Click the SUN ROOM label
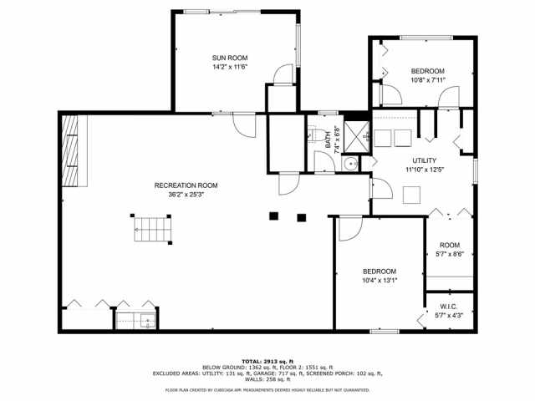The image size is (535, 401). coord(229,57)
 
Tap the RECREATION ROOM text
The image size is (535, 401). coord(186,185)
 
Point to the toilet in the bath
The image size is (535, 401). coord(312,133)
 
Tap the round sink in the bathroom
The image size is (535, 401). coord(352,164)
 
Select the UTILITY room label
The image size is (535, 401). coord(424,160)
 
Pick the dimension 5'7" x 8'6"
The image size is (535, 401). coord(450,254)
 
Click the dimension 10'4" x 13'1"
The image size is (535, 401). coord(379,281)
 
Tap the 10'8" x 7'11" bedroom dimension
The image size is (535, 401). coord(427,80)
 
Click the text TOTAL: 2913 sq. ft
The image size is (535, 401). coord(267,360)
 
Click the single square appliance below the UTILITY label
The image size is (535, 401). coord(410,195)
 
